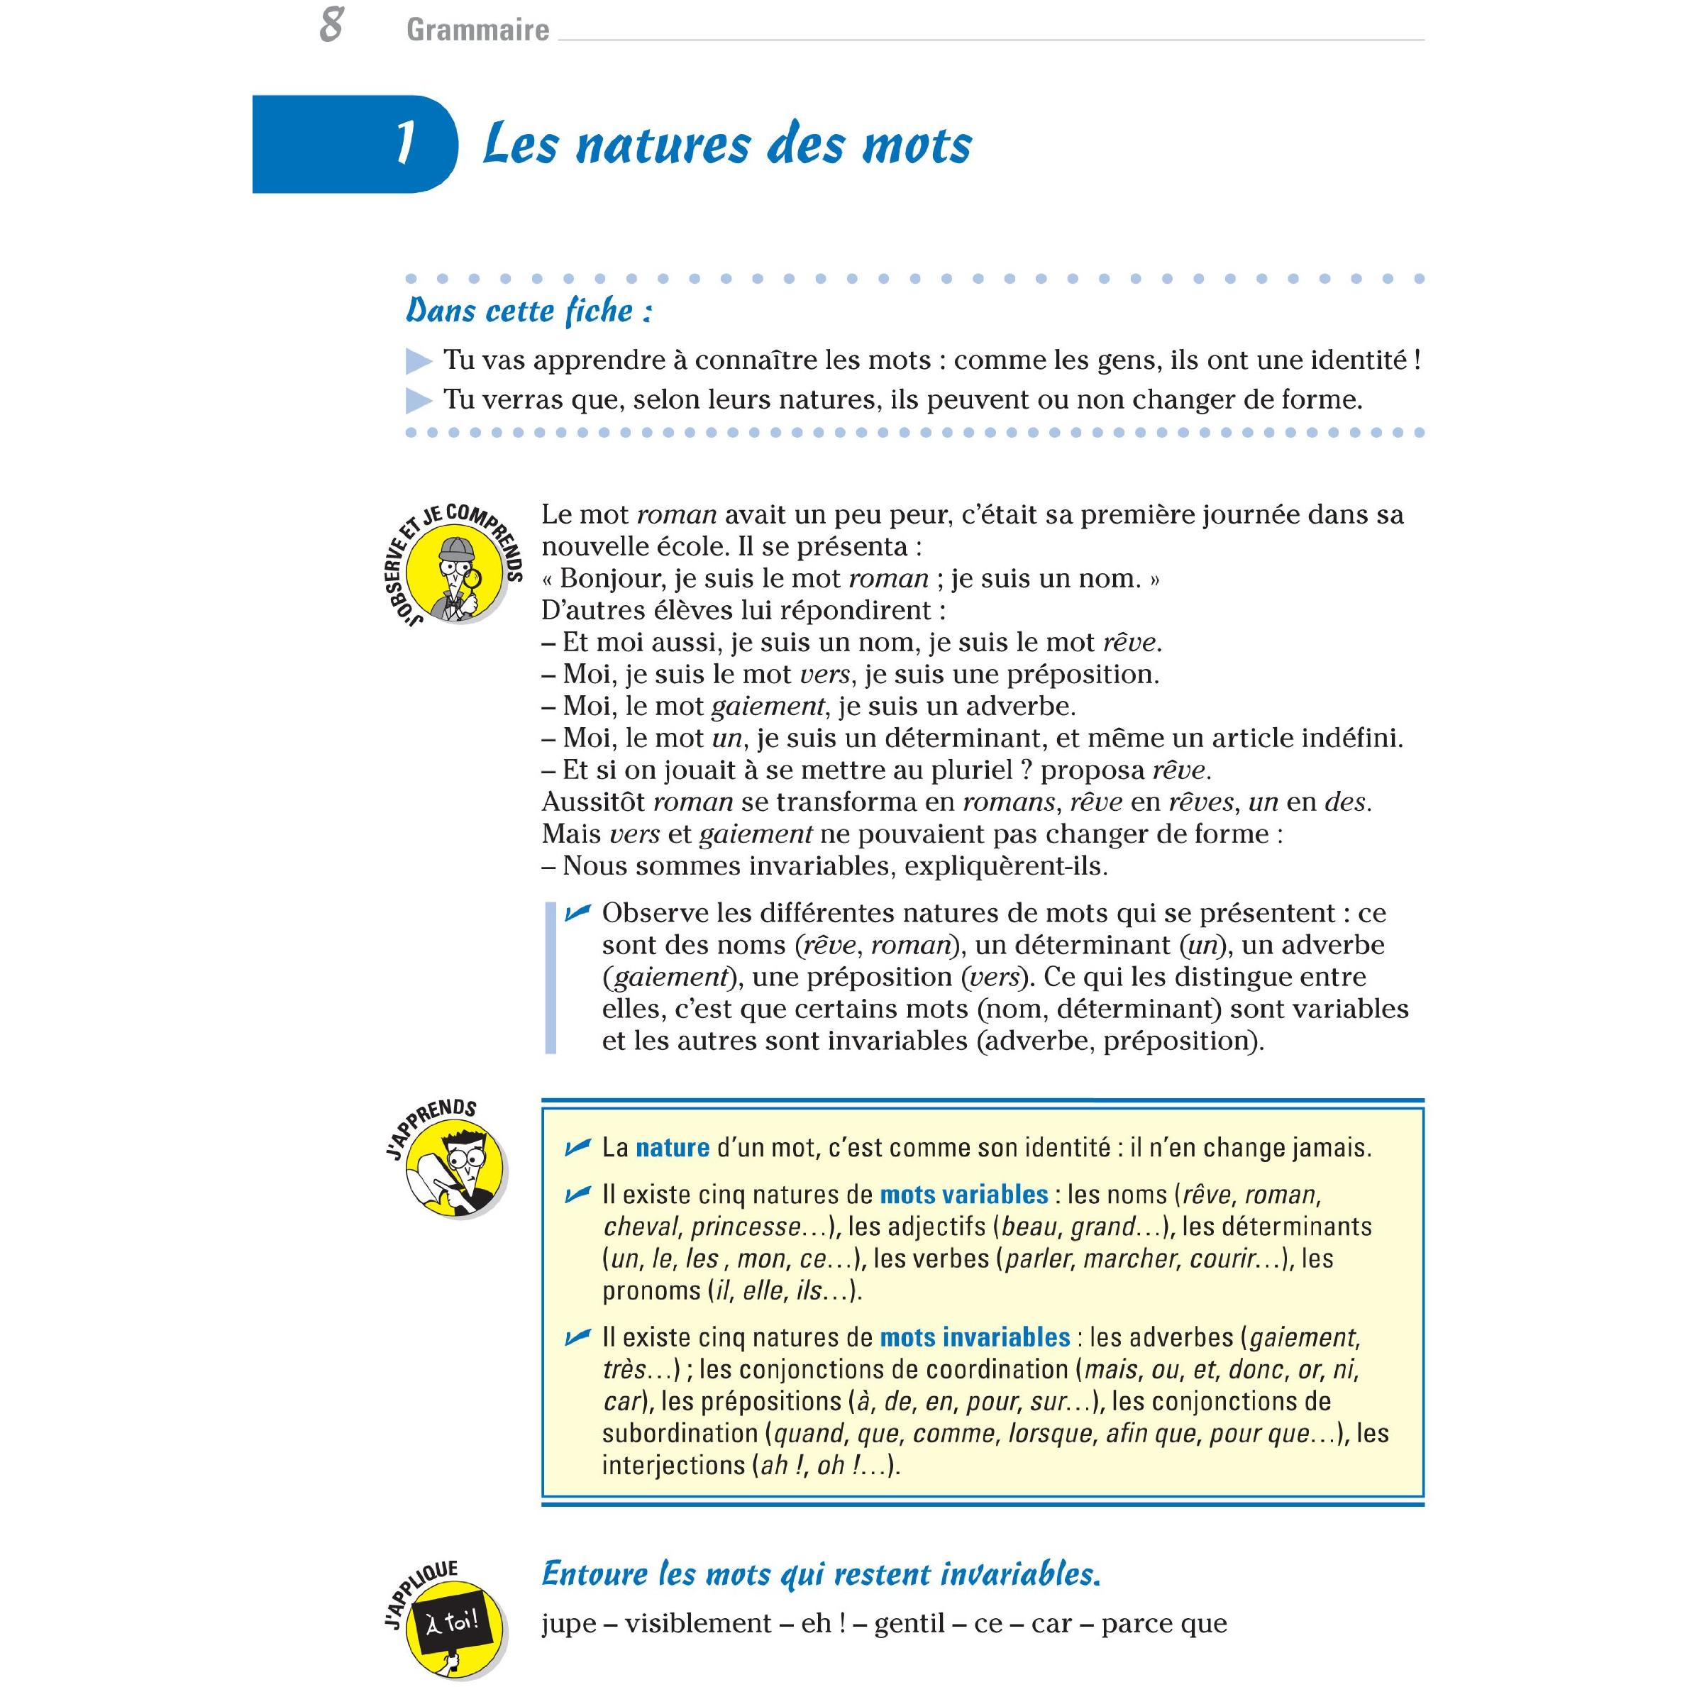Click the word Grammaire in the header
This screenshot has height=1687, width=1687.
477,31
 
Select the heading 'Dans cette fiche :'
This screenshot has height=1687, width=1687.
529,311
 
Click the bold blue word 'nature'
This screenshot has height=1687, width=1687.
673,1147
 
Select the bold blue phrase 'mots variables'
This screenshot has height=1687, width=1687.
963,1195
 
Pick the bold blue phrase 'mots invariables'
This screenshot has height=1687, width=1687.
975,1338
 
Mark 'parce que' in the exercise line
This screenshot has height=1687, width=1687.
1164,1624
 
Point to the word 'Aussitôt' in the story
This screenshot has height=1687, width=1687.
593,802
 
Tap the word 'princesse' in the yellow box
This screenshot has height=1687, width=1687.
745,1227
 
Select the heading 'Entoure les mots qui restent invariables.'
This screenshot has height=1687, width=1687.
821,1574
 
